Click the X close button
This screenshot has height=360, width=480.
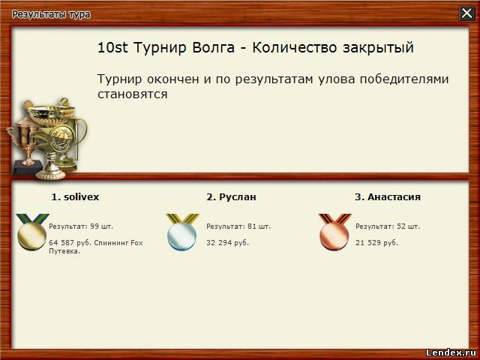466,13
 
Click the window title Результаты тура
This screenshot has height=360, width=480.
51,15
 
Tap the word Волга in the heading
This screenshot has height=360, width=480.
213,48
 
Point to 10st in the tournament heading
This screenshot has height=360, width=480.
112,48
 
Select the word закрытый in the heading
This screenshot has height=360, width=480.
378,48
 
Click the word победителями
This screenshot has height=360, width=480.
404,79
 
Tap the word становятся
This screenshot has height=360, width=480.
133,94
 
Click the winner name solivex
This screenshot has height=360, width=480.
82,196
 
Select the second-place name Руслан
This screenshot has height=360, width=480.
238,196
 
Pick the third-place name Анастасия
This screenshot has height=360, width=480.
394,196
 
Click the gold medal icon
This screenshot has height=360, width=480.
32,232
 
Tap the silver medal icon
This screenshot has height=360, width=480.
182,232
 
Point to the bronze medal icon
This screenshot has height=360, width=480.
334,232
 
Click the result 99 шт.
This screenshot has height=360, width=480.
102,226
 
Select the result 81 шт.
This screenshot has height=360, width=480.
259,226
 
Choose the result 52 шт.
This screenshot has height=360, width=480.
408,226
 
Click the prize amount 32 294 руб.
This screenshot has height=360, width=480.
227,243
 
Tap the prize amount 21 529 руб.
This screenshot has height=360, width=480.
376,243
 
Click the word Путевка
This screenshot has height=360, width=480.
64,251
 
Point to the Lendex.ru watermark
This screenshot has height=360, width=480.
451,352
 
